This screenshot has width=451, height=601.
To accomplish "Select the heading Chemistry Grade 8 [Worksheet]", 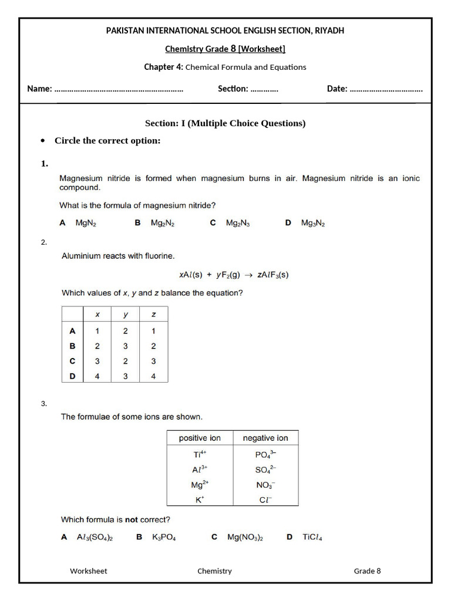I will pyautogui.click(x=225, y=49).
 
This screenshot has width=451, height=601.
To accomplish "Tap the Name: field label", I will pyautogui.click(x=39, y=89).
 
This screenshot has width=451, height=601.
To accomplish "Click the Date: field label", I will pyautogui.click(x=337, y=89).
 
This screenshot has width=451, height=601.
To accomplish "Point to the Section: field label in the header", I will pyautogui.click(x=233, y=89).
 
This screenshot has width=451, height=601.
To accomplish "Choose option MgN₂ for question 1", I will pyautogui.click(x=85, y=223).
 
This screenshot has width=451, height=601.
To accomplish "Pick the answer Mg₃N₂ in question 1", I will pyautogui.click(x=313, y=223).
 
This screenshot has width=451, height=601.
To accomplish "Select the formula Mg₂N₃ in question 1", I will pyautogui.click(x=238, y=223).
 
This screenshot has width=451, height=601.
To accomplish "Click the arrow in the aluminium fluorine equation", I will pyautogui.click(x=248, y=274).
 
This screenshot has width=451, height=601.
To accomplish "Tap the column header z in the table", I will pyautogui.click(x=153, y=315).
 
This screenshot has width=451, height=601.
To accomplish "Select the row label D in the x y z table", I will pyautogui.click(x=73, y=376).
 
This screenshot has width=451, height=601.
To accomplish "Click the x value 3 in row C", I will pyautogui.click(x=97, y=361).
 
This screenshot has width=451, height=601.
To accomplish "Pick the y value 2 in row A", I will pyautogui.click(x=125, y=331).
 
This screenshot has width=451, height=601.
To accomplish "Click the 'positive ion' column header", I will pyautogui.click(x=200, y=438).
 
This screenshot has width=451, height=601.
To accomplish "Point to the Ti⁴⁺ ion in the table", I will pyautogui.click(x=200, y=454).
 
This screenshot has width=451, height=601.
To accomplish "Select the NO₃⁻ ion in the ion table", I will pyautogui.click(x=265, y=485).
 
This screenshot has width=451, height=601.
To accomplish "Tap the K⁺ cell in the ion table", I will pyautogui.click(x=200, y=499).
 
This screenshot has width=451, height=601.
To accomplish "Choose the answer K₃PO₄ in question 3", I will pyautogui.click(x=164, y=537).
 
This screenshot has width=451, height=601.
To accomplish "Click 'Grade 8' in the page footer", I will pyautogui.click(x=367, y=570).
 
